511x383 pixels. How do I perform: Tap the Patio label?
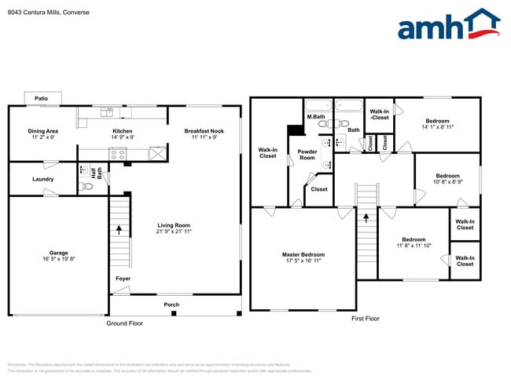click(41, 98)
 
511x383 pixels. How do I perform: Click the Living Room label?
click(174, 225)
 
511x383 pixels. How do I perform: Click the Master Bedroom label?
click(303, 254)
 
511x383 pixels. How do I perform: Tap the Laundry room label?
click(42, 179)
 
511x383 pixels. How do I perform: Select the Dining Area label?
click(42, 131)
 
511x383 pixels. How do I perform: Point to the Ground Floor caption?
click(125, 323)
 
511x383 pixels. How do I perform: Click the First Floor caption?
click(365, 319)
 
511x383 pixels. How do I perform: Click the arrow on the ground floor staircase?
click(119, 230)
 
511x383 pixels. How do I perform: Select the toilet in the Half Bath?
click(86, 187)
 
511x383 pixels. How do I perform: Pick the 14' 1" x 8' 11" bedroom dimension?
click(437, 126)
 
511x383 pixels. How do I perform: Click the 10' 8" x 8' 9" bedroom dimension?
click(447, 181)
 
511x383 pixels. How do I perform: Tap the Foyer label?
click(123, 277)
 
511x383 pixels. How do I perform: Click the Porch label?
click(171, 305)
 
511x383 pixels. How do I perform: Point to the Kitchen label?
click(122, 131)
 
